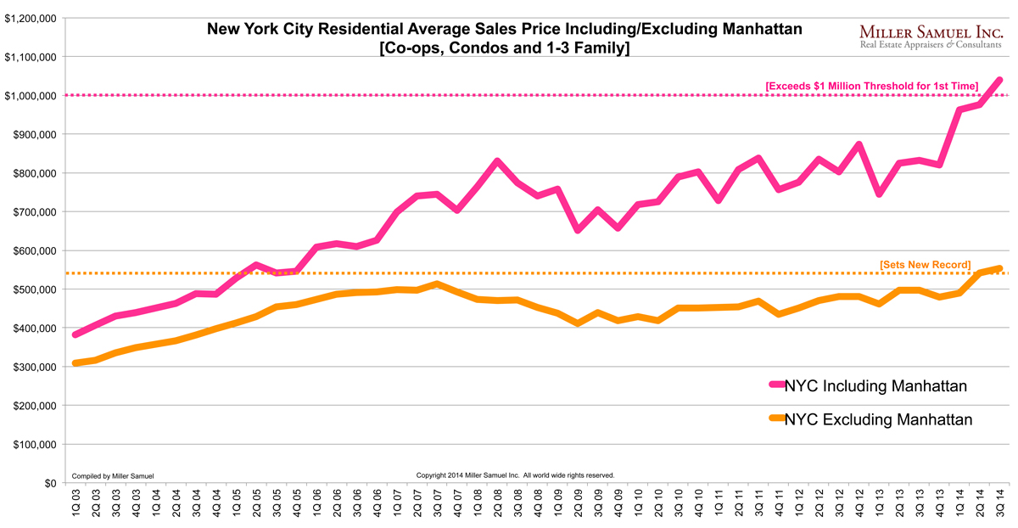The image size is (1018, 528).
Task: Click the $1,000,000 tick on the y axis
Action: click(x=31, y=96)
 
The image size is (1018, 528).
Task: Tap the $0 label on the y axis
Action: click(x=50, y=483)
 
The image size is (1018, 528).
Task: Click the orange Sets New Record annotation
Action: click(x=925, y=265)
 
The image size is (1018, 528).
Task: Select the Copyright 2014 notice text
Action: click(x=515, y=475)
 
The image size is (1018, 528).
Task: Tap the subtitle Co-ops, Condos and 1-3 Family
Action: click(x=505, y=49)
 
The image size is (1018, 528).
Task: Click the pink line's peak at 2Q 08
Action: click(x=497, y=160)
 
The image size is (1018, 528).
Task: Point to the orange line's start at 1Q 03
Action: click(x=76, y=363)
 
